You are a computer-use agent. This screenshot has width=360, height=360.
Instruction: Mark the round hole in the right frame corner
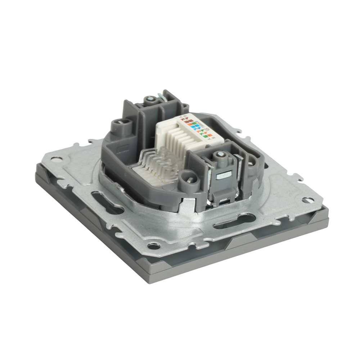[x=306, y=200]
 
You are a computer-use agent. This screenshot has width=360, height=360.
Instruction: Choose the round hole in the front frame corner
[x=154, y=246]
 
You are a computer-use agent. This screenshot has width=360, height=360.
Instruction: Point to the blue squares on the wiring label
[x=197, y=127]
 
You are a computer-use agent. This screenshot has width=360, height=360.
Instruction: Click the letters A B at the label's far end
[x=184, y=117]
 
